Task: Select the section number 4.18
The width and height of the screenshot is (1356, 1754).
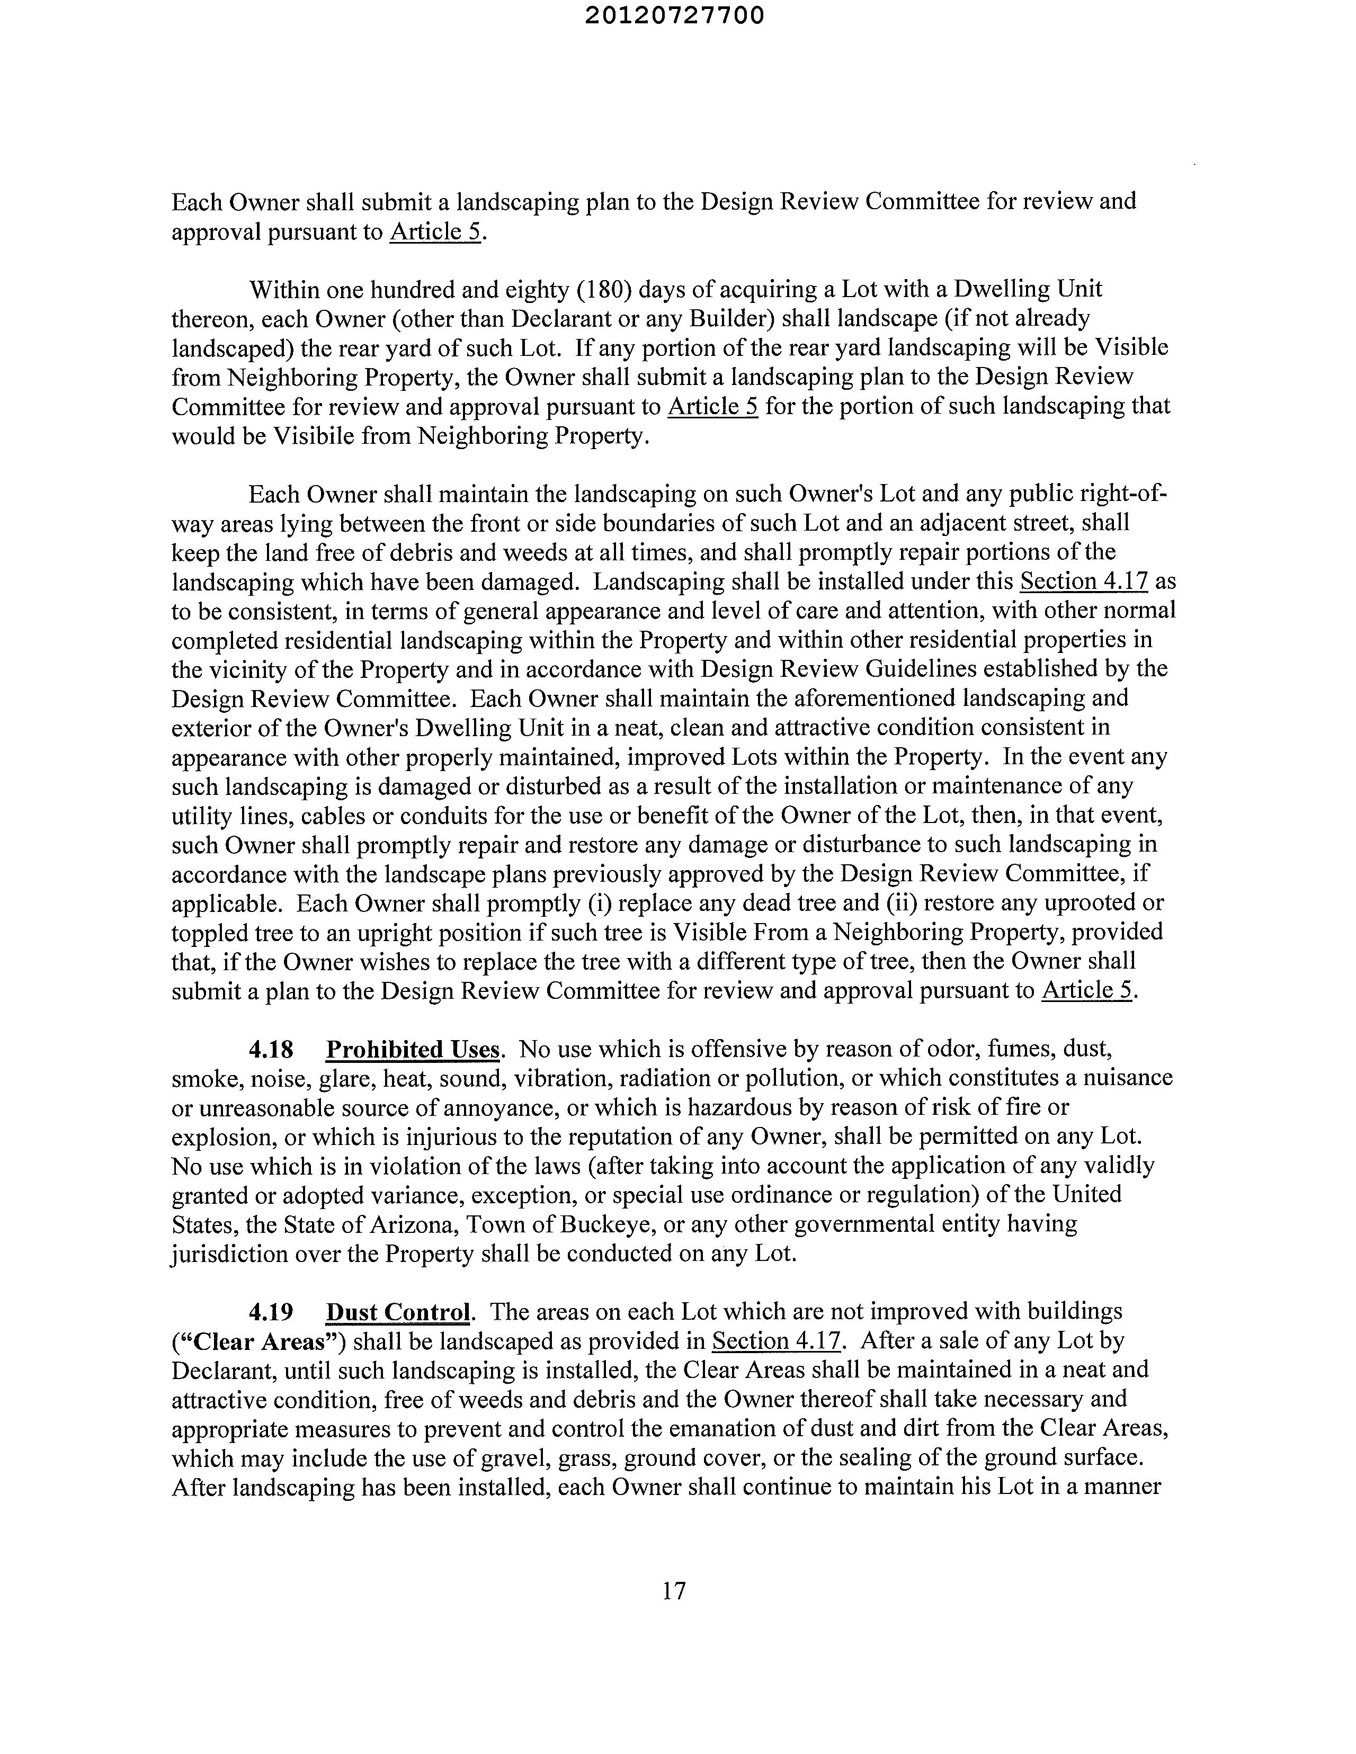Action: [x=271, y=1050]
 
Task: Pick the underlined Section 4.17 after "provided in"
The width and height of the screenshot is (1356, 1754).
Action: [x=776, y=1342]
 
